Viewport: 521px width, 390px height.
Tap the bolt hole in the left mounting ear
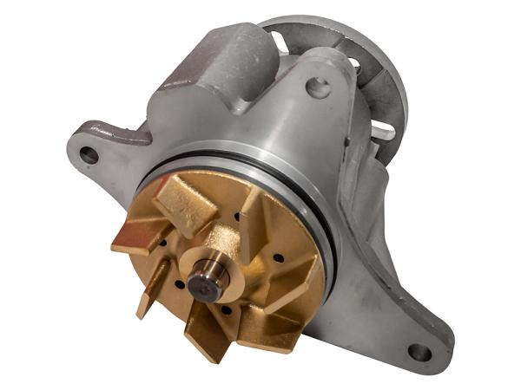coord(89,155)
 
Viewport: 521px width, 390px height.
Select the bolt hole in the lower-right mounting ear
coord(419,352)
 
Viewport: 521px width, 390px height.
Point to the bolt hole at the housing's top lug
coord(318,88)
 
